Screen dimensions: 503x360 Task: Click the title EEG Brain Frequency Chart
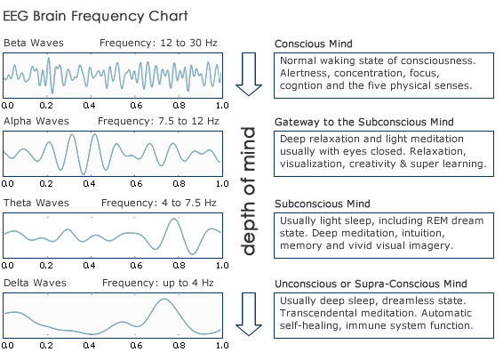click(95, 16)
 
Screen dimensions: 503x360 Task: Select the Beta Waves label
click(34, 43)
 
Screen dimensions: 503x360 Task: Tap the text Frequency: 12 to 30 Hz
click(158, 43)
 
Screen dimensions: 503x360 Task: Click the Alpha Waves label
click(36, 121)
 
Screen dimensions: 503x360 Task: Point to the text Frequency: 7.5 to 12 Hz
click(158, 121)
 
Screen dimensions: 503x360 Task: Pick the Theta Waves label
click(36, 203)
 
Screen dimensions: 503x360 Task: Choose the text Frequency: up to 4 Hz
click(158, 283)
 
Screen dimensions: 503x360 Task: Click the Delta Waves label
click(35, 283)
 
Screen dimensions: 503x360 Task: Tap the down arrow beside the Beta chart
click(249, 74)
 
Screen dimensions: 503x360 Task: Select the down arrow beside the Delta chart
click(249, 314)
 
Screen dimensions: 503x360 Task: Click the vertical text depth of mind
click(248, 191)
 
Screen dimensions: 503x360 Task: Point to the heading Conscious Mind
click(314, 44)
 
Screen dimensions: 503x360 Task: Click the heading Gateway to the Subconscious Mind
click(364, 122)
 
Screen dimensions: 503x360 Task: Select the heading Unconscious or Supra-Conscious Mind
click(371, 284)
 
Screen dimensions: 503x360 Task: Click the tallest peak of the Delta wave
click(164, 299)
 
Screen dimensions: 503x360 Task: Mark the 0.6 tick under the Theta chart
click(136, 266)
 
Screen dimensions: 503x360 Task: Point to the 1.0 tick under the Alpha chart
click(222, 183)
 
